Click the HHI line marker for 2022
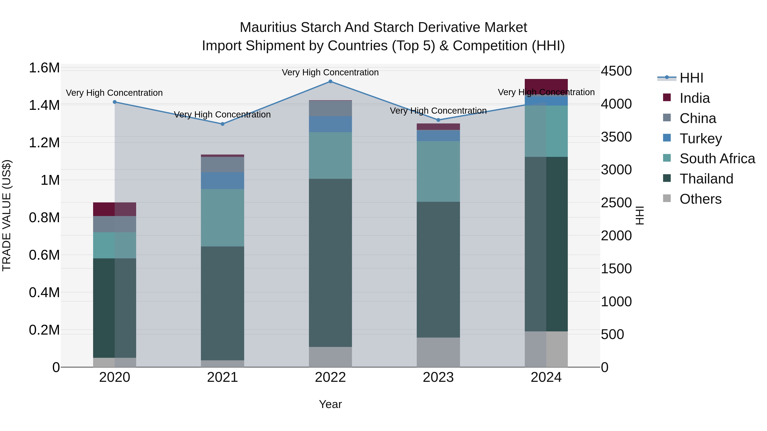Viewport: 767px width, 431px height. (x=330, y=82)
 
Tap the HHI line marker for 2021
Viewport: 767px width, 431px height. (x=222, y=124)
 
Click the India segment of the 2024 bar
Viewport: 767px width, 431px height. (x=546, y=86)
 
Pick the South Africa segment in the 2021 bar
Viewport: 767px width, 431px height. (x=222, y=218)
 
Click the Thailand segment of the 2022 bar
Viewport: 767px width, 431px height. (x=330, y=263)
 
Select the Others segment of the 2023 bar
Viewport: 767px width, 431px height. (x=438, y=352)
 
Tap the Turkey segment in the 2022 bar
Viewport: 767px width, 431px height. (x=330, y=124)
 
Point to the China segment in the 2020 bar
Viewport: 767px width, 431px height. (x=115, y=224)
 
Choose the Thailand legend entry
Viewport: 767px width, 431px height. (x=706, y=179)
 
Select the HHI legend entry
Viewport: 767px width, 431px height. (x=691, y=78)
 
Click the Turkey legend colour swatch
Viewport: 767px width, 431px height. (x=667, y=138)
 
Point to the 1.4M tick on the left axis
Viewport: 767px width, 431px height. (x=44, y=105)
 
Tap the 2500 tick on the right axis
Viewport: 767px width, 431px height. (x=616, y=203)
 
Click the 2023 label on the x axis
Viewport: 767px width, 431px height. (x=438, y=377)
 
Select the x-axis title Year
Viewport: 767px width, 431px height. (x=330, y=404)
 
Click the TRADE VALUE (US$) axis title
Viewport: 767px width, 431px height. (x=7, y=215)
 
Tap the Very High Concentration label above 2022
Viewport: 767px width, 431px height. (x=330, y=72)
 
